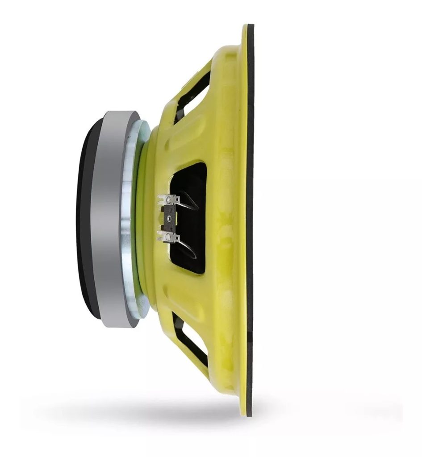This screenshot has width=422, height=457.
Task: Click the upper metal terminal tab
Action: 167,199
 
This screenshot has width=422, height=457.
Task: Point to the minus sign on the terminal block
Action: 171,208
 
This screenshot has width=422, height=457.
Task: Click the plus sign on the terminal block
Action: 171,228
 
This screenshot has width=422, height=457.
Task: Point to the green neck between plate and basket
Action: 142,219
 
